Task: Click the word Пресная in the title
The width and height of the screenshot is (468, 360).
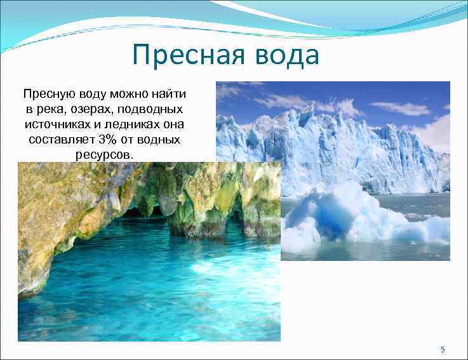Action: point(184,56)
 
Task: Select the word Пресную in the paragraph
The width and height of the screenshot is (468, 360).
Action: point(46,95)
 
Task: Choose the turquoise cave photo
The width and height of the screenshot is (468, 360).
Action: point(146,267)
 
